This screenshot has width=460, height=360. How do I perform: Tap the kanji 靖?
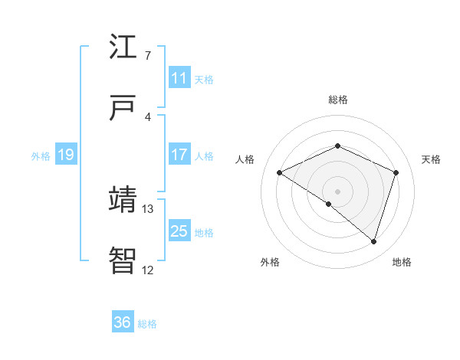tap(123, 199)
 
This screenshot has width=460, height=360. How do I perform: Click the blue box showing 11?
tap(179, 78)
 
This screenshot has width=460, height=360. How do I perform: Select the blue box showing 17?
tap(179, 155)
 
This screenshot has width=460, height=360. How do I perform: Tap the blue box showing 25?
tap(179, 231)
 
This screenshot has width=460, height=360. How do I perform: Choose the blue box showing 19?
tap(65, 155)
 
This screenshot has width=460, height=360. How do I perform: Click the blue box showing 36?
tap(123, 322)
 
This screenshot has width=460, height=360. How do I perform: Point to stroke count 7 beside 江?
tap(147, 56)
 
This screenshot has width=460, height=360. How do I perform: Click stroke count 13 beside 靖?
tap(148, 208)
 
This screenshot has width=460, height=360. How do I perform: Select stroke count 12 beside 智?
tap(148, 270)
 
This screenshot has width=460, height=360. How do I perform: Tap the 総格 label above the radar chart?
tap(338, 100)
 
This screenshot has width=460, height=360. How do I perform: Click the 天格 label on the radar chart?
tap(432, 159)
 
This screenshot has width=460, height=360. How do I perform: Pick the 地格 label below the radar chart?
tap(402, 262)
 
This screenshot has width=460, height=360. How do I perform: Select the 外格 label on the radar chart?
tap(270, 262)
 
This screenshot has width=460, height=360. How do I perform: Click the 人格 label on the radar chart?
tap(245, 159)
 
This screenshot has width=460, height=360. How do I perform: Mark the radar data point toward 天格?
tap(396, 172)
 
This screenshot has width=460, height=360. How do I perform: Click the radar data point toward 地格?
tap(373, 241)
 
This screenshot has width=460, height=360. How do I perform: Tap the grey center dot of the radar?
tap(337, 191)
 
